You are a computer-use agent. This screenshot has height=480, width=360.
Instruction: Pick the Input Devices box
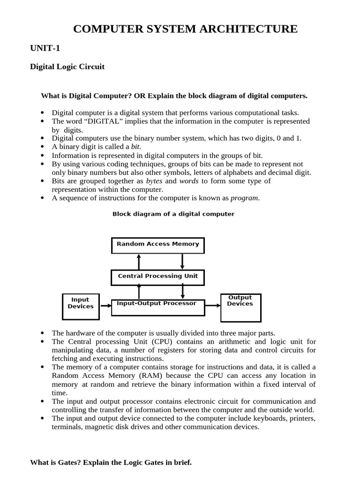point(81,307)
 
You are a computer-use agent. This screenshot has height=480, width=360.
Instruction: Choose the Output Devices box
point(240,307)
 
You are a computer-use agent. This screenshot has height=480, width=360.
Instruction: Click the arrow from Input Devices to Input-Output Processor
point(105,306)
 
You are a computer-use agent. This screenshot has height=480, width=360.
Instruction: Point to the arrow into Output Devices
point(213,306)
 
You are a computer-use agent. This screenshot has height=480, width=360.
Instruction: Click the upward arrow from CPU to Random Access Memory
point(139,262)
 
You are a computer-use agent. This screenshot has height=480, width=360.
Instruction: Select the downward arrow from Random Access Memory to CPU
point(182,262)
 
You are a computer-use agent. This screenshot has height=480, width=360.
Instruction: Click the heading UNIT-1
point(45,48)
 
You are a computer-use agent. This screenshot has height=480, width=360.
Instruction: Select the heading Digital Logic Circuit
point(67,67)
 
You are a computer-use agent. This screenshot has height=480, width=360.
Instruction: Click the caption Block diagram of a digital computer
point(173,214)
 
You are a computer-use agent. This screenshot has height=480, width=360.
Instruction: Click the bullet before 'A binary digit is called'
point(42,147)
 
